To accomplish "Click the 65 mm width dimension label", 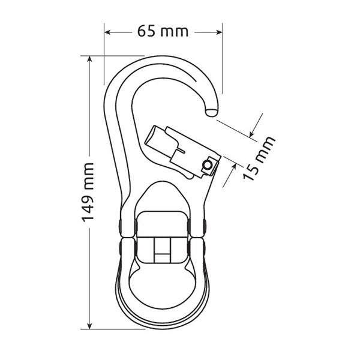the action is point(163,31).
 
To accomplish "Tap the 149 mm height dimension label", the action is point(88,192).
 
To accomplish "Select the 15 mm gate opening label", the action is point(259,158).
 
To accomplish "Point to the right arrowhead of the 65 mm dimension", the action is point(219,32).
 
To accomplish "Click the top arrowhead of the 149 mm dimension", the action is point(90,59).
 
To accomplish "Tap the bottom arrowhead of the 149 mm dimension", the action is point(90,326).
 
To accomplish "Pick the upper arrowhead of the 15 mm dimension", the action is point(252,134).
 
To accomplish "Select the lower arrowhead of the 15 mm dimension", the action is point(233,167).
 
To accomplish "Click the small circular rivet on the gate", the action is point(208,165).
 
